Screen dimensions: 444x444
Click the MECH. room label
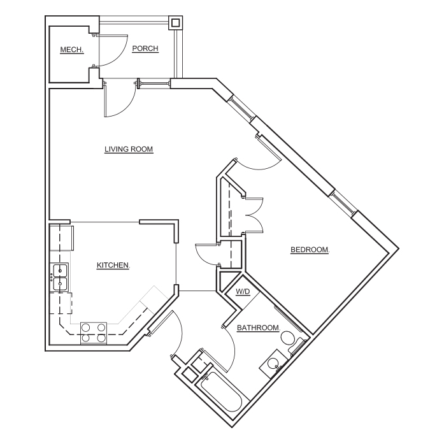[x=72, y=50]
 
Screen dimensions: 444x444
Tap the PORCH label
[x=145, y=48]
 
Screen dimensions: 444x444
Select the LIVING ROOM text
[x=129, y=149]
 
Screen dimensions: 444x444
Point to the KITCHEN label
[x=113, y=266]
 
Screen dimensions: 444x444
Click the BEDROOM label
[x=310, y=250]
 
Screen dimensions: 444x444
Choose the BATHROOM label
[x=259, y=328]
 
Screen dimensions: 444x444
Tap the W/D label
[x=243, y=291]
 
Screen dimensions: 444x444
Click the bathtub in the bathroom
[x=222, y=391]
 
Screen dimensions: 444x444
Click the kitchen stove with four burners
[x=94, y=333]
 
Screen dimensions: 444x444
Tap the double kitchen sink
[x=59, y=277]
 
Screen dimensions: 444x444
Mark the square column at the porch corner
[x=176, y=23]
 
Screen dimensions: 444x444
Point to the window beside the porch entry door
[x=154, y=84]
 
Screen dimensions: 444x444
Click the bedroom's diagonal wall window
[x=343, y=203]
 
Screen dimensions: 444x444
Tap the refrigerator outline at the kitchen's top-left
[x=62, y=238]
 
